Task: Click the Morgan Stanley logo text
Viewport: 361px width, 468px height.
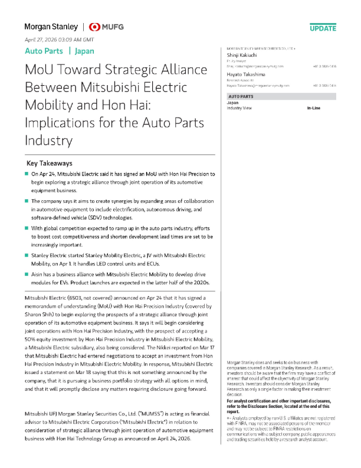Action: point(51,27)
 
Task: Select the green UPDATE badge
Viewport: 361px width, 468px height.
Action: point(323,28)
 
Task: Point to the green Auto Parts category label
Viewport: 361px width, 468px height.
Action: point(44,51)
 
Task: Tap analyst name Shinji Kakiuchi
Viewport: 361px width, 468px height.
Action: point(244,54)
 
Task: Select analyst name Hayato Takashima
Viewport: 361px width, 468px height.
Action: point(248,74)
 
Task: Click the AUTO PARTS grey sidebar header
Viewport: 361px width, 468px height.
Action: point(242,96)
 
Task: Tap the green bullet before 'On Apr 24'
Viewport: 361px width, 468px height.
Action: point(26,174)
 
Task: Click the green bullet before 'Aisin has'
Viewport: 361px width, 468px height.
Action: point(26,274)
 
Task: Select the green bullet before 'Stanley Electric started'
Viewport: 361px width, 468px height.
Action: point(26,254)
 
